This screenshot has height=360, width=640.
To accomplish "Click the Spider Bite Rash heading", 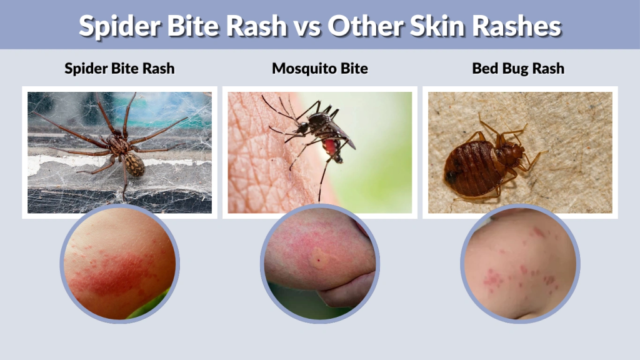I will click(x=119, y=68).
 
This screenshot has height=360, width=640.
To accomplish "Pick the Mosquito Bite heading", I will click(x=319, y=68).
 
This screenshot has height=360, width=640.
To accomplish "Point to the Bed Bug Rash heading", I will click(x=518, y=68).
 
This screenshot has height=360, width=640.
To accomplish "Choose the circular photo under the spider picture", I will click(x=119, y=263).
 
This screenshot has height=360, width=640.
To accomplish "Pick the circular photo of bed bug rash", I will click(x=520, y=263).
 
